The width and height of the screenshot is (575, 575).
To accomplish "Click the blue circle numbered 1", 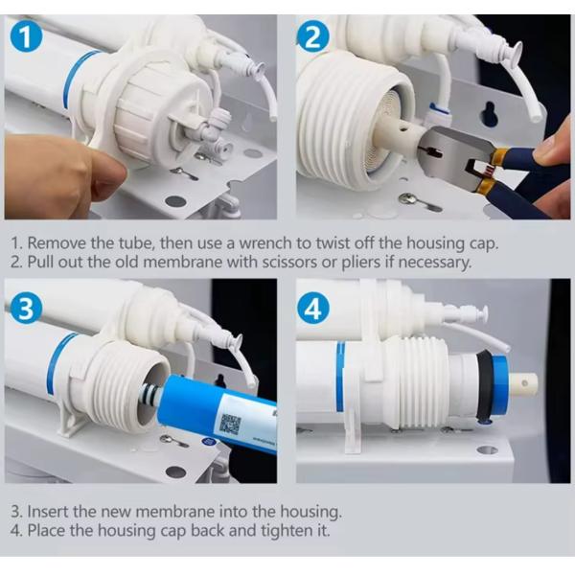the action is point(26,37).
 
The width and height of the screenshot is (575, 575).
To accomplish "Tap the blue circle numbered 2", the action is point(312,36).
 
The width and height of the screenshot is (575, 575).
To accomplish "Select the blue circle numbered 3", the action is point(26,307).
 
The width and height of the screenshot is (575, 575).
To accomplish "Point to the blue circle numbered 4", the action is point(312,309).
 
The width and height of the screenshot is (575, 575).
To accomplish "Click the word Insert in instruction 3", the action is point(49,511).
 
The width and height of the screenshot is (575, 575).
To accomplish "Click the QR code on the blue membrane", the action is point(230,425).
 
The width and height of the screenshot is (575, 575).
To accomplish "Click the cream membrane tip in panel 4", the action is point(524,384).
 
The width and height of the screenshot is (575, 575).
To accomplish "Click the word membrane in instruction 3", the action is point(175,511).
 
